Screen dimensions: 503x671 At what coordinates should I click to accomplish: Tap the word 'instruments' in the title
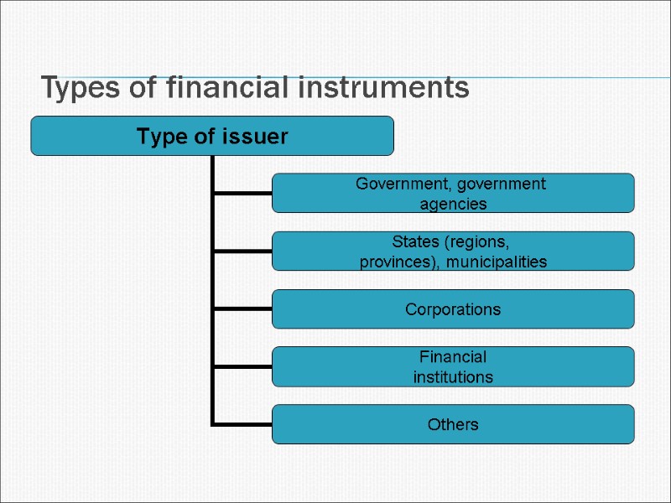click(384, 87)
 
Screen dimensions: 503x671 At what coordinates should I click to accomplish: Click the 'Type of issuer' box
click(212, 136)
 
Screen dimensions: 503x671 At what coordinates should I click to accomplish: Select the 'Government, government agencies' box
click(453, 193)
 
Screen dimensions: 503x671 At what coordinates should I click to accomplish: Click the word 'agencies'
click(453, 203)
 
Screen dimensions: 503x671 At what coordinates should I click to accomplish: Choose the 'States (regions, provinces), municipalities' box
click(453, 251)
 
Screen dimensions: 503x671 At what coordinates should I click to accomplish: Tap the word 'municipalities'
click(497, 262)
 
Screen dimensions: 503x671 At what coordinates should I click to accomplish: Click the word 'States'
click(417, 241)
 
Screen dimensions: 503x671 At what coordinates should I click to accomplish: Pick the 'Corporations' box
click(453, 309)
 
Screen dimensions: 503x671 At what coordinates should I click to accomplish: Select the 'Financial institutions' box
click(453, 367)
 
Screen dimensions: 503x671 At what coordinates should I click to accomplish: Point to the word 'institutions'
click(453, 377)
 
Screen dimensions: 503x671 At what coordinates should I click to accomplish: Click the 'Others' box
click(453, 424)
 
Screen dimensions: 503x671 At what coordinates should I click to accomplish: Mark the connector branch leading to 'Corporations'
click(242, 309)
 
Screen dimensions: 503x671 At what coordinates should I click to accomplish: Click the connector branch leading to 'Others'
click(242, 423)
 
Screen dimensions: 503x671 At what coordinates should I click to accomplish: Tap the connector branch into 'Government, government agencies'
click(242, 193)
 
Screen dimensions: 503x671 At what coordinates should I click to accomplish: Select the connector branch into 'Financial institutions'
click(242, 366)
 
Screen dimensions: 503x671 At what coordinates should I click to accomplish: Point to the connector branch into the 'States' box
click(242, 251)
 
